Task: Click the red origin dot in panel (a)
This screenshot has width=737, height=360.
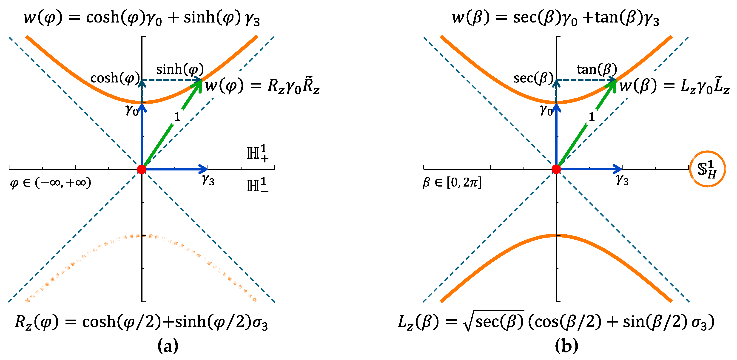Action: pyautogui.click(x=142, y=169)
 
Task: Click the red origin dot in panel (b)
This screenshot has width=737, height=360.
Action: pyautogui.click(x=556, y=169)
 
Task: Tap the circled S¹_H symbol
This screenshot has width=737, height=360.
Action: pyautogui.click(x=707, y=169)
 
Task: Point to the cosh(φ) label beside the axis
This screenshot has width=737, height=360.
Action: pyautogui.click(x=115, y=78)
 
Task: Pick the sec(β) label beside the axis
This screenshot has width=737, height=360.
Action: pyautogui.click(x=533, y=78)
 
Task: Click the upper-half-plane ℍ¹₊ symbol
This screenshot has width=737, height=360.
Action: pyautogui.click(x=257, y=153)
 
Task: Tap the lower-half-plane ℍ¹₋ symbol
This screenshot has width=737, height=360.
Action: pyautogui.click(x=257, y=185)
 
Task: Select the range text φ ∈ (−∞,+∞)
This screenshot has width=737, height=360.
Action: pyautogui.click(x=51, y=183)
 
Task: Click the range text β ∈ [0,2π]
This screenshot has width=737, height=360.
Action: pyautogui.click(x=452, y=183)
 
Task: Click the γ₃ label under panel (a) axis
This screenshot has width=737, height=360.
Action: pyautogui.click(x=208, y=180)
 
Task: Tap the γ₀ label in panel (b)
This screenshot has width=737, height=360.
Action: pyautogui.click(x=546, y=110)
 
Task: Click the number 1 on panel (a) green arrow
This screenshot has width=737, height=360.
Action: pyautogui.click(x=177, y=116)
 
